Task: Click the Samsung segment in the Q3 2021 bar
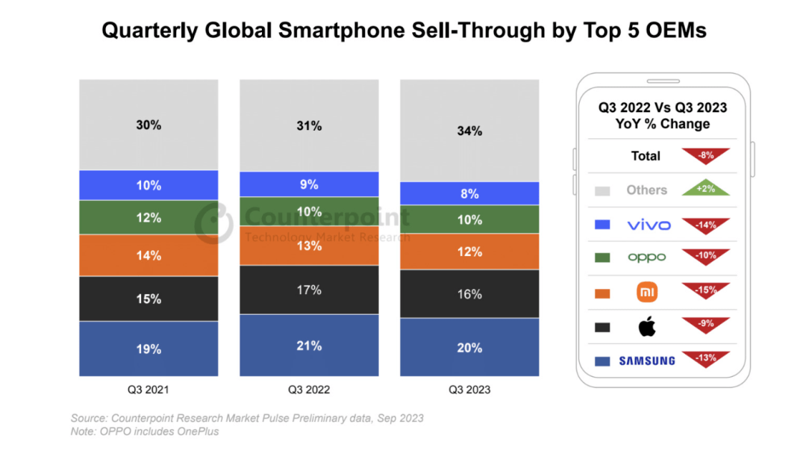[149, 349]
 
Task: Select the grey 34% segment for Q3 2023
[469, 131]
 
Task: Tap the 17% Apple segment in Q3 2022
[309, 290]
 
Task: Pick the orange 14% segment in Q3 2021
[149, 255]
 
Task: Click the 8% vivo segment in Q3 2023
[469, 193]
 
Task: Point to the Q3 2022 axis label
[309, 390]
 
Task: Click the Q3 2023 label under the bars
[469, 390]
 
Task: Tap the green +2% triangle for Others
[705, 190]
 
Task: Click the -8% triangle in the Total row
[705, 156]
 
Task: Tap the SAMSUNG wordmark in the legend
[647, 361]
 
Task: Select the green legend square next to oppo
[602, 258]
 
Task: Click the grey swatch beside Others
[602, 190]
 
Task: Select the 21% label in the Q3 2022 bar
[309, 346]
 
